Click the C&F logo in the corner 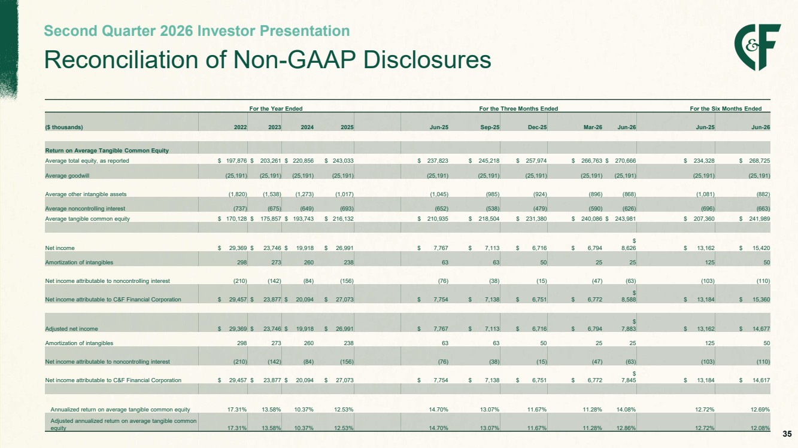(x=757, y=47)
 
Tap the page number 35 (x=787, y=434)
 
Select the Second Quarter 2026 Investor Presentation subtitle (x=196, y=31)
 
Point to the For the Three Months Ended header (x=518, y=108)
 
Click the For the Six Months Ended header (x=726, y=108)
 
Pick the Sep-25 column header (x=490, y=127)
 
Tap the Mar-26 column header (x=593, y=127)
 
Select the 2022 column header (x=241, y=127)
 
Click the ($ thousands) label (x=64, y=127)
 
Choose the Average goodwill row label (x=67, y=175)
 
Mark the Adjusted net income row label (x=71, y=329)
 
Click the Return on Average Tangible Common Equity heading (x=107, y=151)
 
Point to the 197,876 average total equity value (x=236, y=160)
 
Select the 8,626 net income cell (x=629, y=248)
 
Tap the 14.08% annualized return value (x=626, y=410)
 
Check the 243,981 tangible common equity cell (x=625, y=219)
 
